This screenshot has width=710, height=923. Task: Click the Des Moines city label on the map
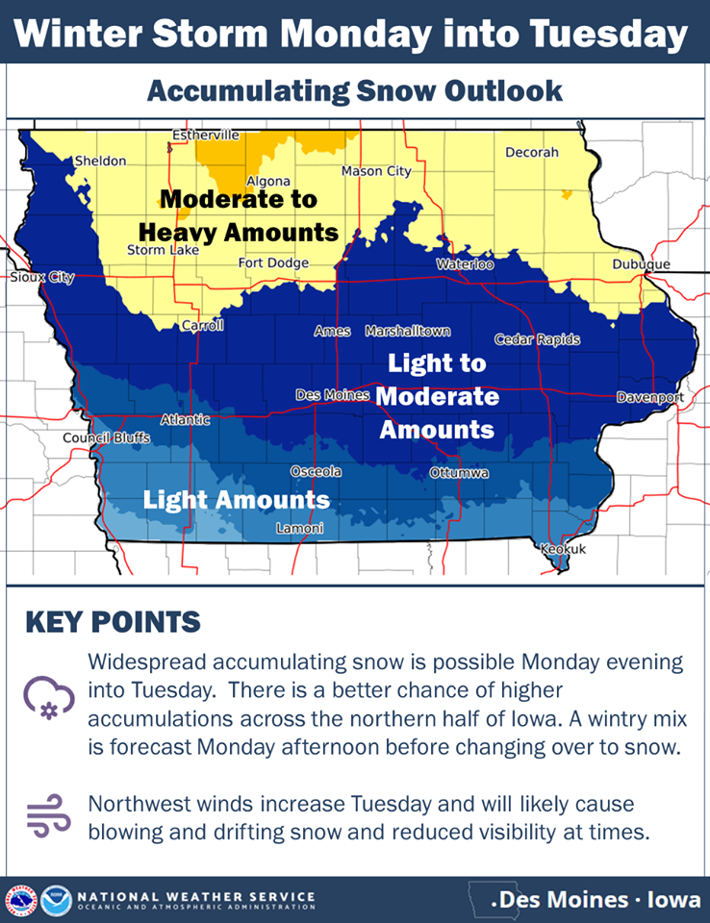(x=332, y=395)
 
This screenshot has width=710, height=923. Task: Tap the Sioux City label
(x=42, y=277)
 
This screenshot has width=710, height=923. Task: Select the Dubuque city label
(x=641, y=264)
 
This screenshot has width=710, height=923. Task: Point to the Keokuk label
(x=564, y=549)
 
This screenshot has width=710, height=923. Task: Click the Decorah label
(x=532, y=152)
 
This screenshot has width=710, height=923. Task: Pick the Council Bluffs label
(x=107, y=438)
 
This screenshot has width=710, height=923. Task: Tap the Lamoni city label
(x=300, y=528)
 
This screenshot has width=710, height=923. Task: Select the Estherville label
(x=206, y=136)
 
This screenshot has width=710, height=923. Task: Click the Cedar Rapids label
(x=538, y=339)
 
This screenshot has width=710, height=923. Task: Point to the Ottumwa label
(x=459, y=473)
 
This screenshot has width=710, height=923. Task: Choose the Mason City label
(x=376, y=171)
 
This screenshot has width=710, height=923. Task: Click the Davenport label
(x=650, y=397)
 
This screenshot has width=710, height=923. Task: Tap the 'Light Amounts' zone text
(x=237, y=500)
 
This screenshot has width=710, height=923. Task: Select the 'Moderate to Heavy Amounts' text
(x=239, y=216)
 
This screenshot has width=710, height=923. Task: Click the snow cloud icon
(x=49, y=698)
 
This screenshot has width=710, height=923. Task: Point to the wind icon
(x=49, y=815)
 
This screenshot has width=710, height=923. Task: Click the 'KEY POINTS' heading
(x=114, y=622)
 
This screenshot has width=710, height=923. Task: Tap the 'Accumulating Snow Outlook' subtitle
(x=355, y=91)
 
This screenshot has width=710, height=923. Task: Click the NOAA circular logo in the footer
(x=57, y=901)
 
